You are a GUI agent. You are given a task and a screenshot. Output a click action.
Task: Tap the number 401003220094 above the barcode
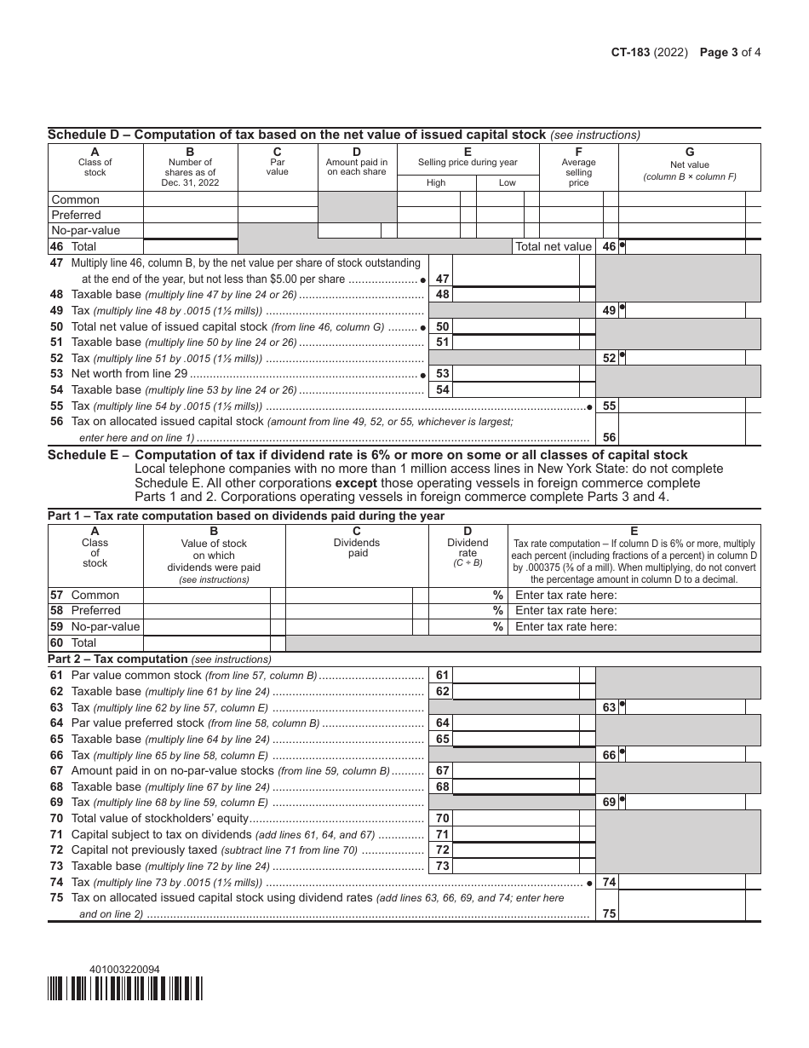[123, 970]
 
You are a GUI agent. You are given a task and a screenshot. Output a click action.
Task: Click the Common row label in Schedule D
[76, 200]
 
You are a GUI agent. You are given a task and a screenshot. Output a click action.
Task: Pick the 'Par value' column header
[278, 167]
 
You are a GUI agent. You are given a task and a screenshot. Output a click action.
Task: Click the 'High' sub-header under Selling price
[436, 182]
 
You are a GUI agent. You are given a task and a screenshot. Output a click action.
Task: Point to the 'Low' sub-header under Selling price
[507, 182]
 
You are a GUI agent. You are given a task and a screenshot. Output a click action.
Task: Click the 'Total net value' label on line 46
[553, 246]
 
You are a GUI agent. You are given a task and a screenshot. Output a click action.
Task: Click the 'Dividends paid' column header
[358, 548]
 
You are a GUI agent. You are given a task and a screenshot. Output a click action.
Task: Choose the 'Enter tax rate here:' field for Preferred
[634, 611]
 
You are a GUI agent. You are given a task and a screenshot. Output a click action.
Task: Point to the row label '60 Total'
[74, 642]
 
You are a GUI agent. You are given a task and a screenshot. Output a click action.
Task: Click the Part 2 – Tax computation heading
[159, 659]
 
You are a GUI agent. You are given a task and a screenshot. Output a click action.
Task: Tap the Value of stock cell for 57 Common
[207, 596]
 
